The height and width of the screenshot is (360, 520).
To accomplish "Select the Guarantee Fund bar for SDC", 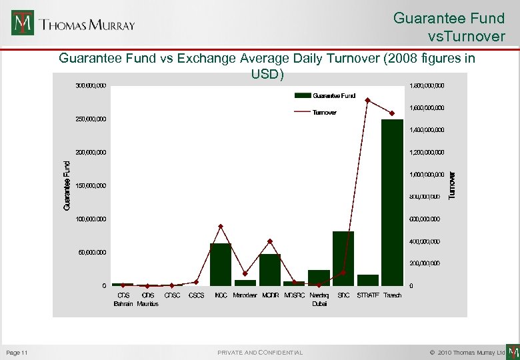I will click(343, 258).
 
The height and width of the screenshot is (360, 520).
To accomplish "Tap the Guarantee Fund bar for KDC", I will click(221, 264).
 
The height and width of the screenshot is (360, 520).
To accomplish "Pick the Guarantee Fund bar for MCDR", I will click(270, 269).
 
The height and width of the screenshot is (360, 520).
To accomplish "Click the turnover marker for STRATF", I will click(367, 101).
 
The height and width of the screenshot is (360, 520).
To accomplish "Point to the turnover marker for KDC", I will click(221, 226).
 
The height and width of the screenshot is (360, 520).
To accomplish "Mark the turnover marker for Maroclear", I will click(245, 273).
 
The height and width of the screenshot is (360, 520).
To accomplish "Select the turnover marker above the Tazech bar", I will click(392, 113).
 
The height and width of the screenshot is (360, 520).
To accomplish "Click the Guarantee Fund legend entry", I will click(325, 95).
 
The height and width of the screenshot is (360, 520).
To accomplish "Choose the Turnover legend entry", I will click(325, 113).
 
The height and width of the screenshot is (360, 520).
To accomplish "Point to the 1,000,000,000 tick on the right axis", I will click(426, 174).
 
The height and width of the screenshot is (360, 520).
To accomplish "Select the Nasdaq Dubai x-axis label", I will click(319, 299).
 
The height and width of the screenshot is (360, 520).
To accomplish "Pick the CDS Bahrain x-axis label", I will click(123, 299).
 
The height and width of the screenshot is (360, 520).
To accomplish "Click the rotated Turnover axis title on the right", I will click(452, 185).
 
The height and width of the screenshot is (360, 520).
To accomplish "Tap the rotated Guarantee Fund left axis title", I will click(67, 185).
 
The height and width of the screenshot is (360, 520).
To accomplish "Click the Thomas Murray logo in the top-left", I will click(73, 24).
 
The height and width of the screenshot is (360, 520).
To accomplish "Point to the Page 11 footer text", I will click(16, 352).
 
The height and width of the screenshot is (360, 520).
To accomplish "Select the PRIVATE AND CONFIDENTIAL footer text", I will click(260, 352).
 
